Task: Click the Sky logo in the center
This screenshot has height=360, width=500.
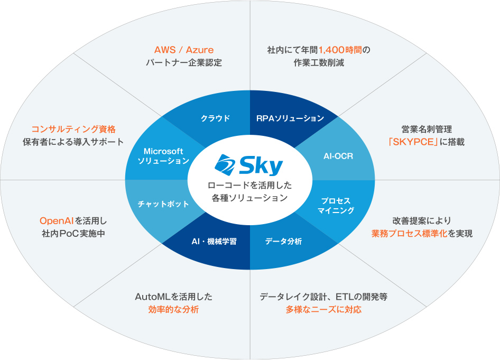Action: [x=249, y=165]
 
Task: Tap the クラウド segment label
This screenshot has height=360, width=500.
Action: [x=215, y=118]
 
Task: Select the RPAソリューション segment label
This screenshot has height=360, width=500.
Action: [x=290, y=118]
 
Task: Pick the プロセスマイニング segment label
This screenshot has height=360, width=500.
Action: [x=336, y=206]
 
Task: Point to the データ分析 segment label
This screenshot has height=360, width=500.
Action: [x=283, y=241]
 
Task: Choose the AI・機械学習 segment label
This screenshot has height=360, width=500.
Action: [x=214, y=241]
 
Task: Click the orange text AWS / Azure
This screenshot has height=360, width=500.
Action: [x=184, y=50]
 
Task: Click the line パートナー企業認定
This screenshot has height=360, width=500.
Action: [x=184, y=62]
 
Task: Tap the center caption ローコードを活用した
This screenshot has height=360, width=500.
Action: [x=249, y=186]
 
